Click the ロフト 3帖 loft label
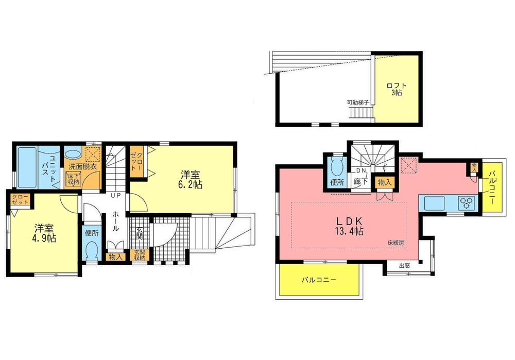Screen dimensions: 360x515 point(396,89)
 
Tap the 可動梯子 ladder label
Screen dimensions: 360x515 point(358,102)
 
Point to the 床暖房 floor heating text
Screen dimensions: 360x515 point(396,242)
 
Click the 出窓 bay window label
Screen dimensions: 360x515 point(405,266)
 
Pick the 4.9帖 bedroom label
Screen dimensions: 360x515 point(45,233)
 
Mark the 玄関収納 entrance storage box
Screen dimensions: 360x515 point(139,254)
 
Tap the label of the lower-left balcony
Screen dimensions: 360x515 point(319,281)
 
